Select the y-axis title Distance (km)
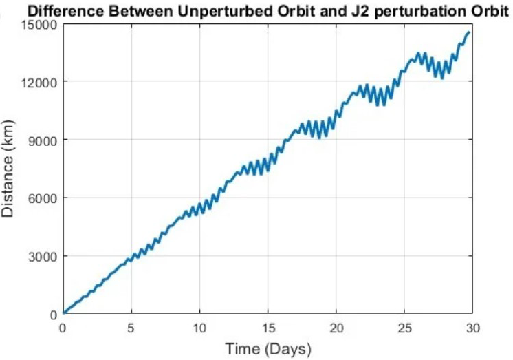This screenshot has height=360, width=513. tap(9, 169)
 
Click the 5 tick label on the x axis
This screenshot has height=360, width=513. tap(131, 327)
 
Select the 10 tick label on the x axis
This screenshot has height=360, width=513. tap(199, 327)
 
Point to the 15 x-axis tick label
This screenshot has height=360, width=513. tap(268, 327)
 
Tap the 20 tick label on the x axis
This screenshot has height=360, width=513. tap(336, 327)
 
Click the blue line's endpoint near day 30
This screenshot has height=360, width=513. tap(469, 32)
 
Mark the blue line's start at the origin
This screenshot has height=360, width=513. tap(63, 313)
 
